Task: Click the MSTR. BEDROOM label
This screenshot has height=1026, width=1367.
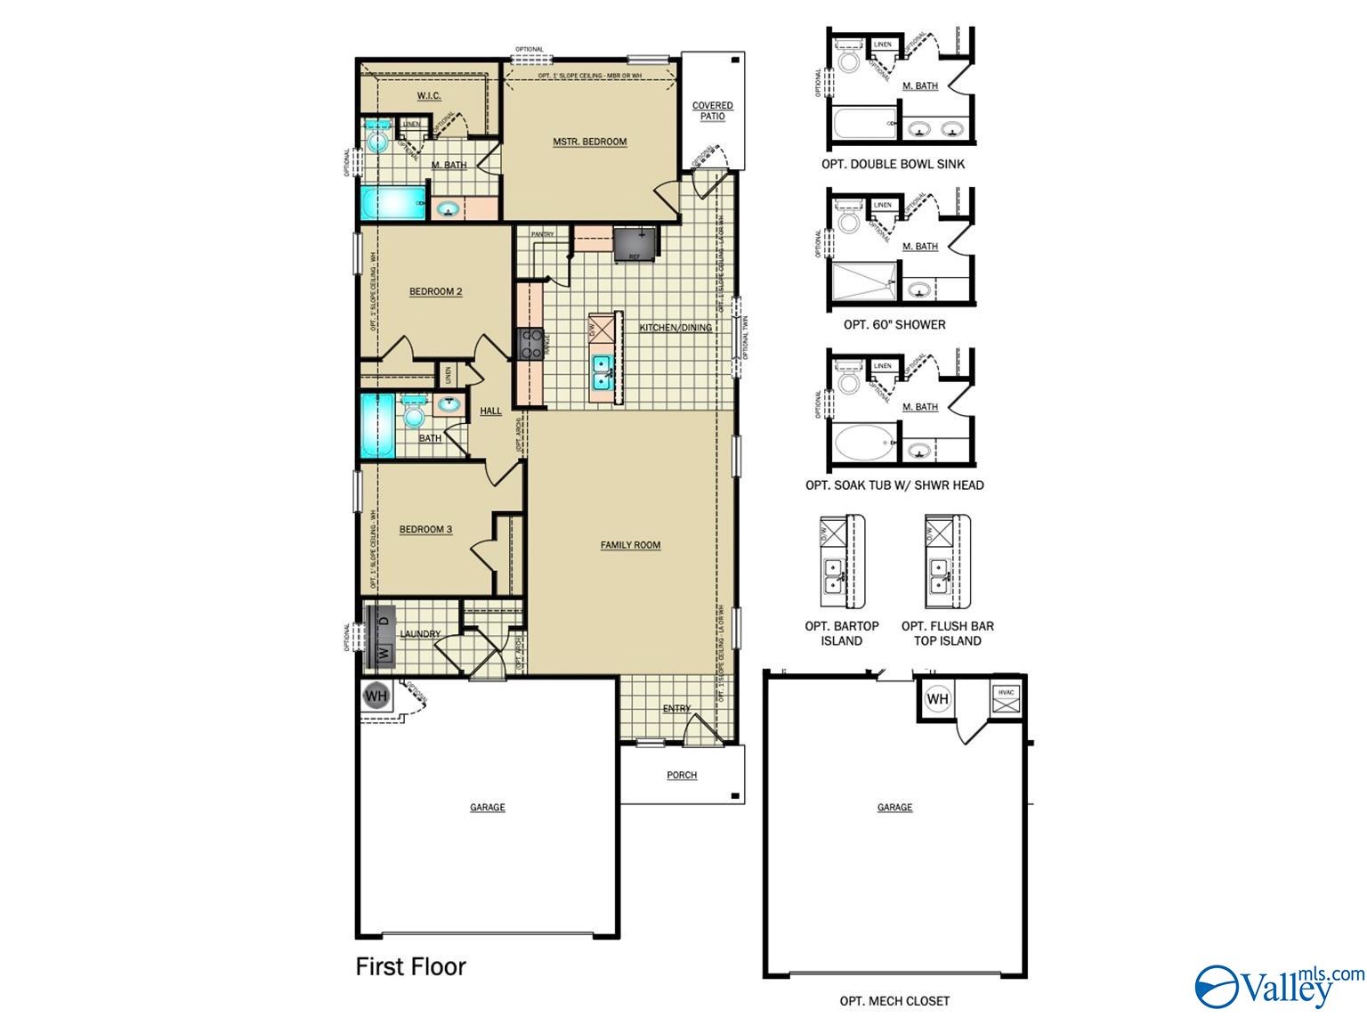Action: [589, 142]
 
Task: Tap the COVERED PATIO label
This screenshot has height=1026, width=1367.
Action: [713, 111]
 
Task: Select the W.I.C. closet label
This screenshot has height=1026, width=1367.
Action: [429, 95]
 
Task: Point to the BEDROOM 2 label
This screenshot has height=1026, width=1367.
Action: [435, 291]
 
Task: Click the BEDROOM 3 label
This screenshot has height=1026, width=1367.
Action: [425, 529]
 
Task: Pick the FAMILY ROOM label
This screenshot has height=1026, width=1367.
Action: [630, 545]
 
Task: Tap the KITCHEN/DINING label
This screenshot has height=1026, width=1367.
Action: [675, 328]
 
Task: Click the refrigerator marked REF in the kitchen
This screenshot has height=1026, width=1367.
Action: [636, 243]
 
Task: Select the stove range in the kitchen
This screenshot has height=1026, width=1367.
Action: [531, 344]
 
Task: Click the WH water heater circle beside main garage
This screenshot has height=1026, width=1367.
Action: [376, 696]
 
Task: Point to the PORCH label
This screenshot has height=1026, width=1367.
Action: [682, 775]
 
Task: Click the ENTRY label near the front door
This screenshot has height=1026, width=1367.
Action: [676, 709]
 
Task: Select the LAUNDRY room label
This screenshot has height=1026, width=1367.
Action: [420, 634]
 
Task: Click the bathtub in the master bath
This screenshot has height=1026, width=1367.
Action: [392, 203]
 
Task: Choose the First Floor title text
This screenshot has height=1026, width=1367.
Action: [410, 966]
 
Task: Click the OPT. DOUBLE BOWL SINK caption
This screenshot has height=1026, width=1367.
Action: [893, 164]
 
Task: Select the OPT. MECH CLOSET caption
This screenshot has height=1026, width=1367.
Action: [894, 1001]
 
